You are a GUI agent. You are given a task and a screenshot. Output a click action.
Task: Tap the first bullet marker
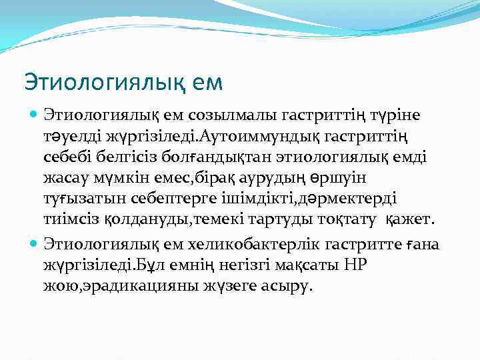coord(33,115)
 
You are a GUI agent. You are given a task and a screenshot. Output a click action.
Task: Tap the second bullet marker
coord(33,245)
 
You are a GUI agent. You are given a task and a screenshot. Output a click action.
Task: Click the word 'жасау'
coord(65,179)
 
